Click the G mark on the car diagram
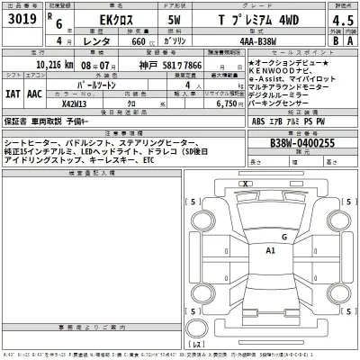click(284, 238)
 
